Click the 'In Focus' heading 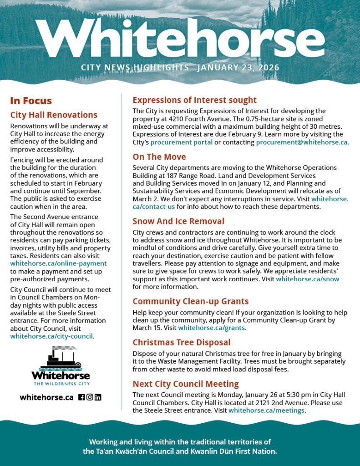coord(31,101)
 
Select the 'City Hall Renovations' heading coord(54,115)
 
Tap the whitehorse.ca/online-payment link coord(58,263)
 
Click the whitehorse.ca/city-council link coord(51,336)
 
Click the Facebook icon coord(81,397)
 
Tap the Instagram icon coord(90,397)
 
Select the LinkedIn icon coord(98,397)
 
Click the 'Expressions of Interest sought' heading coord(194,100)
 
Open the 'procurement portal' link coord(181,142)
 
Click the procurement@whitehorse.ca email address coord(302,142)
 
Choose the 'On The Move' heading coord(159,157)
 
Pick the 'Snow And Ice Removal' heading coord(178,221)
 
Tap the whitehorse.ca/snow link coord(307,279)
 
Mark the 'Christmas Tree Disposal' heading coord(181,342)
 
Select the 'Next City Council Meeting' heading coord(185,384)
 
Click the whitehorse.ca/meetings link coord(266,410)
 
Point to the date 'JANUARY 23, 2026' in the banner coord(238,68)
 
